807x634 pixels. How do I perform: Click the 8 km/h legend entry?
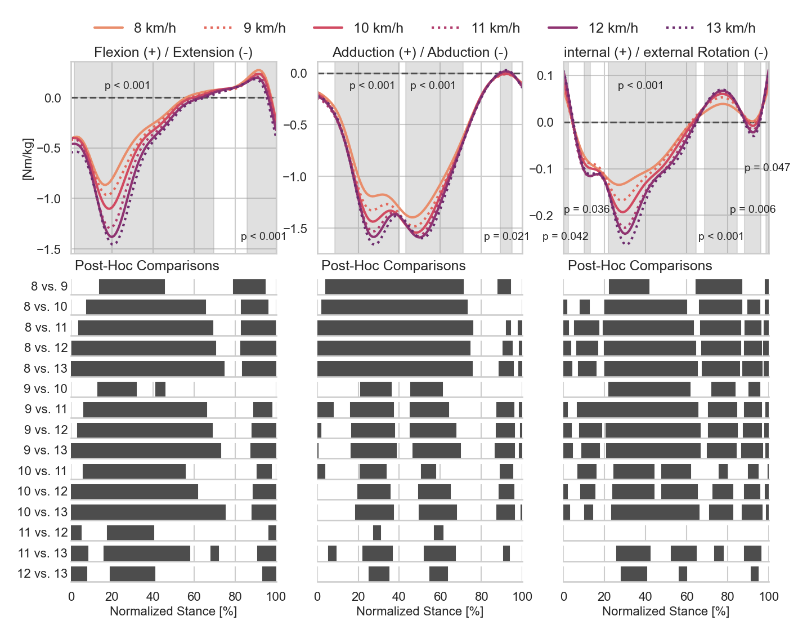click(135, 28)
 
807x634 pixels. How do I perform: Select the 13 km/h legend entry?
click(711, 28)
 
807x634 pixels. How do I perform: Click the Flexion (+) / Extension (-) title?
click(173, 52)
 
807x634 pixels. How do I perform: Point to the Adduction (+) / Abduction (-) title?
click(420, 52)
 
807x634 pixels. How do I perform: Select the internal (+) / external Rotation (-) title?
click(666, 52)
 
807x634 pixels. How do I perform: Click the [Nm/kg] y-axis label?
click(28, 159)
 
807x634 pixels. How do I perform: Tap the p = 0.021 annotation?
click(506, 236)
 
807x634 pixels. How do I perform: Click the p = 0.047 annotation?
click(767, 167)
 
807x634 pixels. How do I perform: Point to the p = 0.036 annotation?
click(586, 209)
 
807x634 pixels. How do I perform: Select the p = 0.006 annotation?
click(752, 209)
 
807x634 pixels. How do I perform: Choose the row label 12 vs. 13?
click(42, 573)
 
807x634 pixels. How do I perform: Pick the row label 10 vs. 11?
click(42, 471)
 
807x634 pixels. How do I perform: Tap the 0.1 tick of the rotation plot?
click(545, 75)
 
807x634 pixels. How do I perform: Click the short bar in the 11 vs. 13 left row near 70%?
click(214, 553)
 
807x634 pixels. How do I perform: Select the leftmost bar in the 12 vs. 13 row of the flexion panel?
click(79, 574)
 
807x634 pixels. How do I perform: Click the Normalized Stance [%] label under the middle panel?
click(420, 611)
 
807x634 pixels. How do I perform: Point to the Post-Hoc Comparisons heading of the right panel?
click(640, 265)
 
